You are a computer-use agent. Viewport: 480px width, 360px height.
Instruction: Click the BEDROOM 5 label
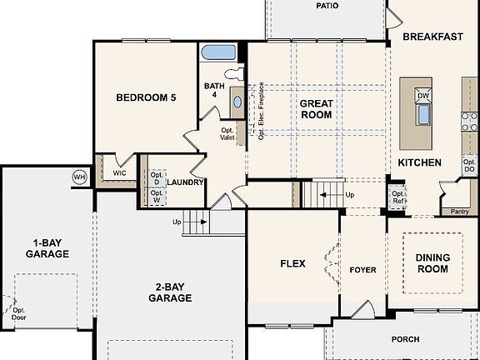[146, 97]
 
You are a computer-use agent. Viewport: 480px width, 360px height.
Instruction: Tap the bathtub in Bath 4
[220, 52]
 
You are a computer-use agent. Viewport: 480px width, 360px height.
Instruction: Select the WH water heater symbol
[80, 177]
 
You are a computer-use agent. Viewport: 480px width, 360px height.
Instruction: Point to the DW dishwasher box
[422, 96]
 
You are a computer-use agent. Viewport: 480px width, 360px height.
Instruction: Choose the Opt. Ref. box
[398, 197]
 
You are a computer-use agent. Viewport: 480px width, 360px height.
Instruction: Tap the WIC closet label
[109, 173]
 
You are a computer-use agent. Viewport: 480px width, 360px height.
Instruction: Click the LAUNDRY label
[185, 182]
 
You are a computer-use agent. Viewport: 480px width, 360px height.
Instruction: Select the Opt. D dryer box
[156, 177]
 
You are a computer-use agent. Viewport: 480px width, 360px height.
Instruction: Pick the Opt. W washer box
[156, 197]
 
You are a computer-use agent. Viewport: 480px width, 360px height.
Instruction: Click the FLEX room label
[292, 264]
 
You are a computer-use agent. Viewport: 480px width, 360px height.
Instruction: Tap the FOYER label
[362, 270]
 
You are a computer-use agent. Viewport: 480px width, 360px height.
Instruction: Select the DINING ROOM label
[432, 263]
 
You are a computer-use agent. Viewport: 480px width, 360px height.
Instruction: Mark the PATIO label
[327, 6]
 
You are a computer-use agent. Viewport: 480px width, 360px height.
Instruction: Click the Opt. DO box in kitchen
[469, 165]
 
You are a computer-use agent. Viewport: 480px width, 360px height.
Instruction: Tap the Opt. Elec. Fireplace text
[262, 111]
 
